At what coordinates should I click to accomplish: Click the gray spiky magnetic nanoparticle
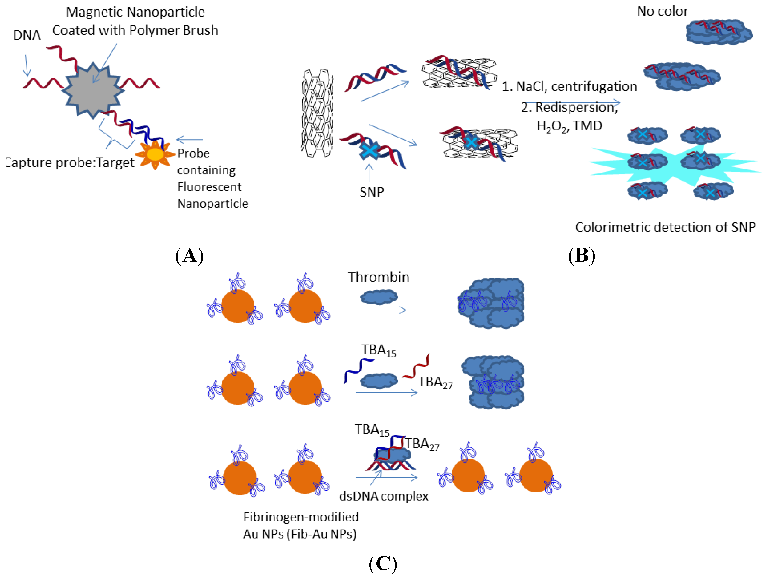point(93,90)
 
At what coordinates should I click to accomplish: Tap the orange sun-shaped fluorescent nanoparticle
point(155,154)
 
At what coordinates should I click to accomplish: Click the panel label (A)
point(189,256)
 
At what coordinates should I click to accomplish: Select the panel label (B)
point(582,256)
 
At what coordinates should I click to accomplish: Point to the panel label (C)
point(383,564)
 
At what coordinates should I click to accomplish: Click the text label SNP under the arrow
point(372,192)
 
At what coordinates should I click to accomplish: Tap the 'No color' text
point(662,11)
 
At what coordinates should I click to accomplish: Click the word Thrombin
point(379,277)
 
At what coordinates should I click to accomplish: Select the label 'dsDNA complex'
point(383,496)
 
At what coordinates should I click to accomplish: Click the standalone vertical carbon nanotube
point(317,113)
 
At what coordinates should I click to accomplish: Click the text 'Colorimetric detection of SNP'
point(665,227)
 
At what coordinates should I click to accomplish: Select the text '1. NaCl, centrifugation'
point(569,86)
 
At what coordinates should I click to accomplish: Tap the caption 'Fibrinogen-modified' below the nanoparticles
point(301,517)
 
